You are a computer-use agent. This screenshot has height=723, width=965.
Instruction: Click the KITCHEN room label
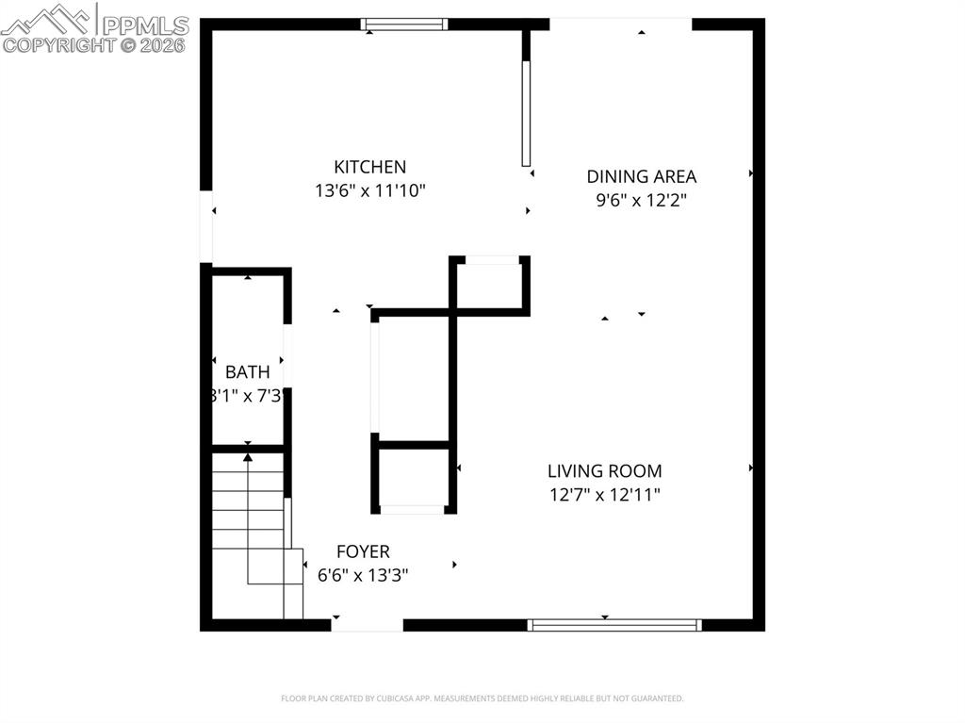[x=371, y=167]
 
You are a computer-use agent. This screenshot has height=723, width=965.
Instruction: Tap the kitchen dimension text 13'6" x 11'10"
[x=370, y=190]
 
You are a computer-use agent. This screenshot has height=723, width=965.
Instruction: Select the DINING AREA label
[x=641, y=176]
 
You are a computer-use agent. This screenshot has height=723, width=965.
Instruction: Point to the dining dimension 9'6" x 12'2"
[x=641, y=200]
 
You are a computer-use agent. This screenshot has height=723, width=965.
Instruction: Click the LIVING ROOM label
[x=604, y=470]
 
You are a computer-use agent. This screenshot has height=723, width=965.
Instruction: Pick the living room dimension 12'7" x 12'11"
[x=604, y=494]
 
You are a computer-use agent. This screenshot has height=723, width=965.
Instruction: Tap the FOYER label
[x=363, y=551]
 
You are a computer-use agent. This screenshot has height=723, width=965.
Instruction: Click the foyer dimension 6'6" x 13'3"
[x=363, y=575]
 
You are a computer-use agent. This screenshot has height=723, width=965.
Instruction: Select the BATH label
[x=247, y=371]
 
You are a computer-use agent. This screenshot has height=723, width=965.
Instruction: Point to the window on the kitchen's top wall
[x=404, y=25]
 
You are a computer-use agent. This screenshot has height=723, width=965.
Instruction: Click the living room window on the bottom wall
[x=614, y=624]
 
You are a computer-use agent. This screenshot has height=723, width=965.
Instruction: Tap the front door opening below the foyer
[x=367, y=624]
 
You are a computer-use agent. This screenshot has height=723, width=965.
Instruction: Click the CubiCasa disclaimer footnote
[x=482, y=698]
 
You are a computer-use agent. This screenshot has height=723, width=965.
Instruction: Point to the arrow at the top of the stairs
[x=248, y=457]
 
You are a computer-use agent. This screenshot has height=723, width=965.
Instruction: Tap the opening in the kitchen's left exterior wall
[x=205, y=227]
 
